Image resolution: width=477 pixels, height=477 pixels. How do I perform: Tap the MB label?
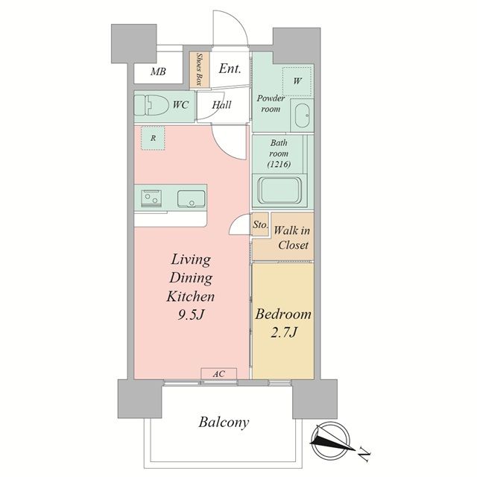tap(159, 72)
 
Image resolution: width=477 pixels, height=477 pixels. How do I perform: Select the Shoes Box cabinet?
tap(199, 69)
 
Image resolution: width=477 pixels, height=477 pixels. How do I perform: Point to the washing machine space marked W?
tap(297, 81)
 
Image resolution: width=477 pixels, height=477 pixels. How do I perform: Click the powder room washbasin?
tap(302, 116)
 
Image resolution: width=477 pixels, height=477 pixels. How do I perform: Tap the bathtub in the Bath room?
tap(279, 190)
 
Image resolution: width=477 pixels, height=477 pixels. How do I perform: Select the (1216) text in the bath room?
tap(279, 164)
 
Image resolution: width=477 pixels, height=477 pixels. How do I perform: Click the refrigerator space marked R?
tap(153, 138)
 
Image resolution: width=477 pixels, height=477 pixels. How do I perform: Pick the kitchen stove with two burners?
tap(151, 198)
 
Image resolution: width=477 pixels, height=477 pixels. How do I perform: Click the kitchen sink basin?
tap(191, 199)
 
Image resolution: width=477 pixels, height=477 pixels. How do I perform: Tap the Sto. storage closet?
tap(260, 224)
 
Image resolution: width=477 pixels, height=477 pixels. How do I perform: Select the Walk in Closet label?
tap(291, 238)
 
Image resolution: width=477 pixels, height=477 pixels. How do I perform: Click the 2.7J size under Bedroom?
tap(283, 332)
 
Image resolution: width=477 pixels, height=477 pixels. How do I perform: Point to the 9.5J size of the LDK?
tap(191, 315)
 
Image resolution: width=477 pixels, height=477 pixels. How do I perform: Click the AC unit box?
tap(218, 373)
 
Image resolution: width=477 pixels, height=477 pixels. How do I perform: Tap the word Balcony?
tap(224, 423)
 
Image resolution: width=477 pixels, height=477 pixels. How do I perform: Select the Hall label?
tap(222, 105)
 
